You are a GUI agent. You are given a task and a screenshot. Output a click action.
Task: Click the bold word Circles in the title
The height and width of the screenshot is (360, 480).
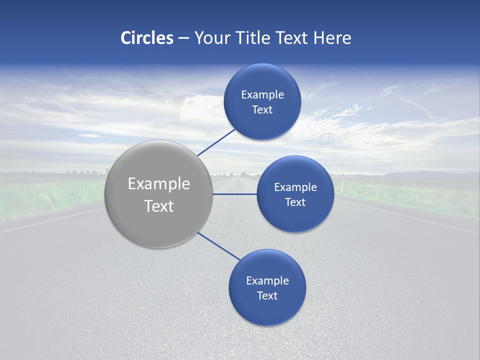147,38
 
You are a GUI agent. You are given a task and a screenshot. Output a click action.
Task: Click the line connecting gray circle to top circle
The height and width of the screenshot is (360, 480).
216,142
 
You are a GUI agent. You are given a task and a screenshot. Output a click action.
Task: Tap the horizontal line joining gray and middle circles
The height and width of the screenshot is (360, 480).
235,194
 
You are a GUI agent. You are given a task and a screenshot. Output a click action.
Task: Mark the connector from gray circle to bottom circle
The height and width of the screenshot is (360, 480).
218,246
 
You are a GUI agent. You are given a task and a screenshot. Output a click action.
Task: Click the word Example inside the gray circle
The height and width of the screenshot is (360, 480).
159,184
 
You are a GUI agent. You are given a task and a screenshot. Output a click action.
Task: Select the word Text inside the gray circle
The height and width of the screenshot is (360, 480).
159,206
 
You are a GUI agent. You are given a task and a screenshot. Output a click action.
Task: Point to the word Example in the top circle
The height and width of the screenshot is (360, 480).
262,95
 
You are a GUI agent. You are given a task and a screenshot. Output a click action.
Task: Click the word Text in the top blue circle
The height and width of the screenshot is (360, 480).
262,110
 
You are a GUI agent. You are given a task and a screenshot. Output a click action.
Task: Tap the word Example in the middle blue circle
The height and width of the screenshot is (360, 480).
295,187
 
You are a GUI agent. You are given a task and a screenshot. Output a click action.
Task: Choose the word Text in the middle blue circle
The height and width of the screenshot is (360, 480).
295,202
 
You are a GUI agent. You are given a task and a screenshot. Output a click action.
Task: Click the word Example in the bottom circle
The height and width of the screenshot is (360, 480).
267,281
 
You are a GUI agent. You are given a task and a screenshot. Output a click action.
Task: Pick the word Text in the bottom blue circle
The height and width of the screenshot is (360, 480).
267,296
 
